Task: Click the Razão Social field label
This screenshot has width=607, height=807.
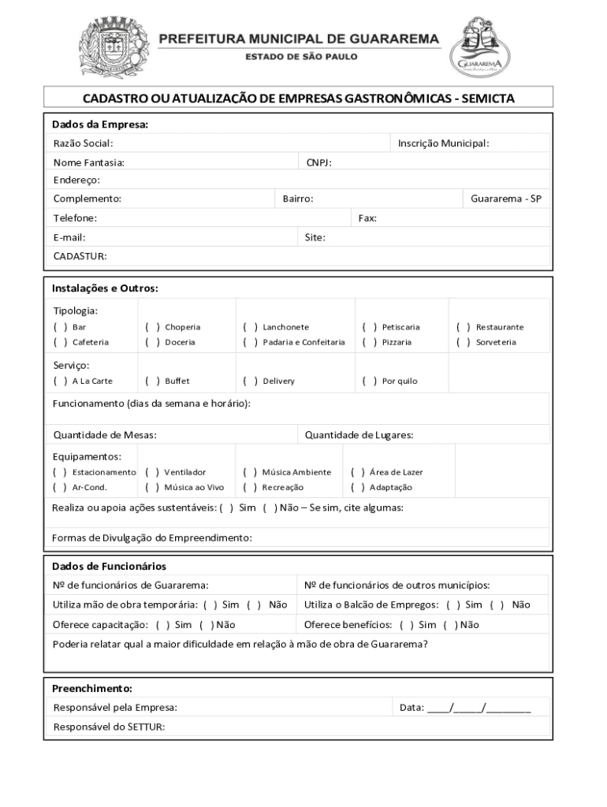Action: (83, 143)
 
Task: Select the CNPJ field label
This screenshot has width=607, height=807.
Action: (318, 163)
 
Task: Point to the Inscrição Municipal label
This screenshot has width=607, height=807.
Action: (443, 143)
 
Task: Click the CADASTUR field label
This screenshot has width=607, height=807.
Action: (80, 256)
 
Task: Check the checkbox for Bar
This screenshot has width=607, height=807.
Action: (60, 327)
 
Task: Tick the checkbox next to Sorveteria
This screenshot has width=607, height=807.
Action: (464, 343)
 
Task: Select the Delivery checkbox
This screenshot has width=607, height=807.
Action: (251, 381)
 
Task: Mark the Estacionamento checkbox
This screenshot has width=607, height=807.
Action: (60, 473)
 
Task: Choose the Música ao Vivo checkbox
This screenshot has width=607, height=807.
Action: (152, 488)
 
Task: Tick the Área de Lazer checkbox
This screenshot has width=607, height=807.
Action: (357, 473)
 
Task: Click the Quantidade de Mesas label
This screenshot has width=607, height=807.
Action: (104, 435)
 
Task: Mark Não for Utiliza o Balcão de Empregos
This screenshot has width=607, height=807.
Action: (497, 605)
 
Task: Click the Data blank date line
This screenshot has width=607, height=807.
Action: (479, 708)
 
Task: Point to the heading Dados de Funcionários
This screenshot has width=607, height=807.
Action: (109, 567)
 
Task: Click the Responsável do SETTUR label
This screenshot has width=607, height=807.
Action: (109, 727)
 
